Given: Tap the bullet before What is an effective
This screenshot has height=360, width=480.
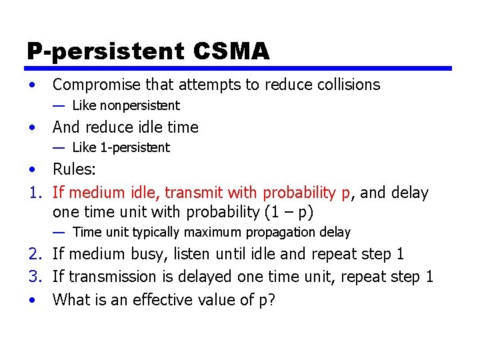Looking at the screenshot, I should [32, 300].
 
